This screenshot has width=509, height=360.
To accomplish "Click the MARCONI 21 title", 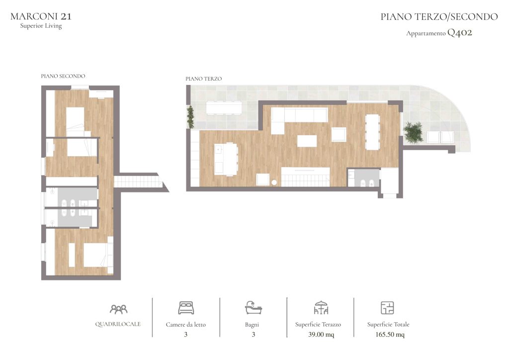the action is point(41,16).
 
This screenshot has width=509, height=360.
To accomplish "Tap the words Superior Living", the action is point(41,26).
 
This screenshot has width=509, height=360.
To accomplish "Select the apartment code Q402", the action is point(460,32).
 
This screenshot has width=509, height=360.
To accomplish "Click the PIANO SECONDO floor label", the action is point(63,76).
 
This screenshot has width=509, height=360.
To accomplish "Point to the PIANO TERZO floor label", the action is point(203,79).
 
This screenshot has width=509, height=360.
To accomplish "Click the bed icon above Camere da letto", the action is point(186,308).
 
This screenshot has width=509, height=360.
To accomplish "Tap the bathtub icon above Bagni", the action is point(253,307).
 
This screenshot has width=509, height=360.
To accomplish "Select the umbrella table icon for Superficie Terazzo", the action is point(321,308).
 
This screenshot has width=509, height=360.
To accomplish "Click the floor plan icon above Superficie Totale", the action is point(387,308).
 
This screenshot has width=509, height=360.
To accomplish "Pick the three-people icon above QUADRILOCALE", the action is point(118,309).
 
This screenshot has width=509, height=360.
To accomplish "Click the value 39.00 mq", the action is point(321,334).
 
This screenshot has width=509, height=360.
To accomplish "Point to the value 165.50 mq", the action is point(390,334).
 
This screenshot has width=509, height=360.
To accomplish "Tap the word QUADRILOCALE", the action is point(118,324).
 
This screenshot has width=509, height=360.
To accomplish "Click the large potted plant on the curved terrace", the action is point(413,132).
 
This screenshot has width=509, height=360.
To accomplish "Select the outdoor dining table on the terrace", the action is point(224,108).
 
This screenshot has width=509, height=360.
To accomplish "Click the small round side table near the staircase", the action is point(274,183).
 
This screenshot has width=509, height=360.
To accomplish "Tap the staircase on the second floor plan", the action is point(138,181).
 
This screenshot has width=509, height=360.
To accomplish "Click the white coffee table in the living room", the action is point(307,141).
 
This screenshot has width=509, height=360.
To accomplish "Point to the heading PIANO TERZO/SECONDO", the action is point(439,16).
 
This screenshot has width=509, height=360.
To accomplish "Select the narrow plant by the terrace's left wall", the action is point(190,116).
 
